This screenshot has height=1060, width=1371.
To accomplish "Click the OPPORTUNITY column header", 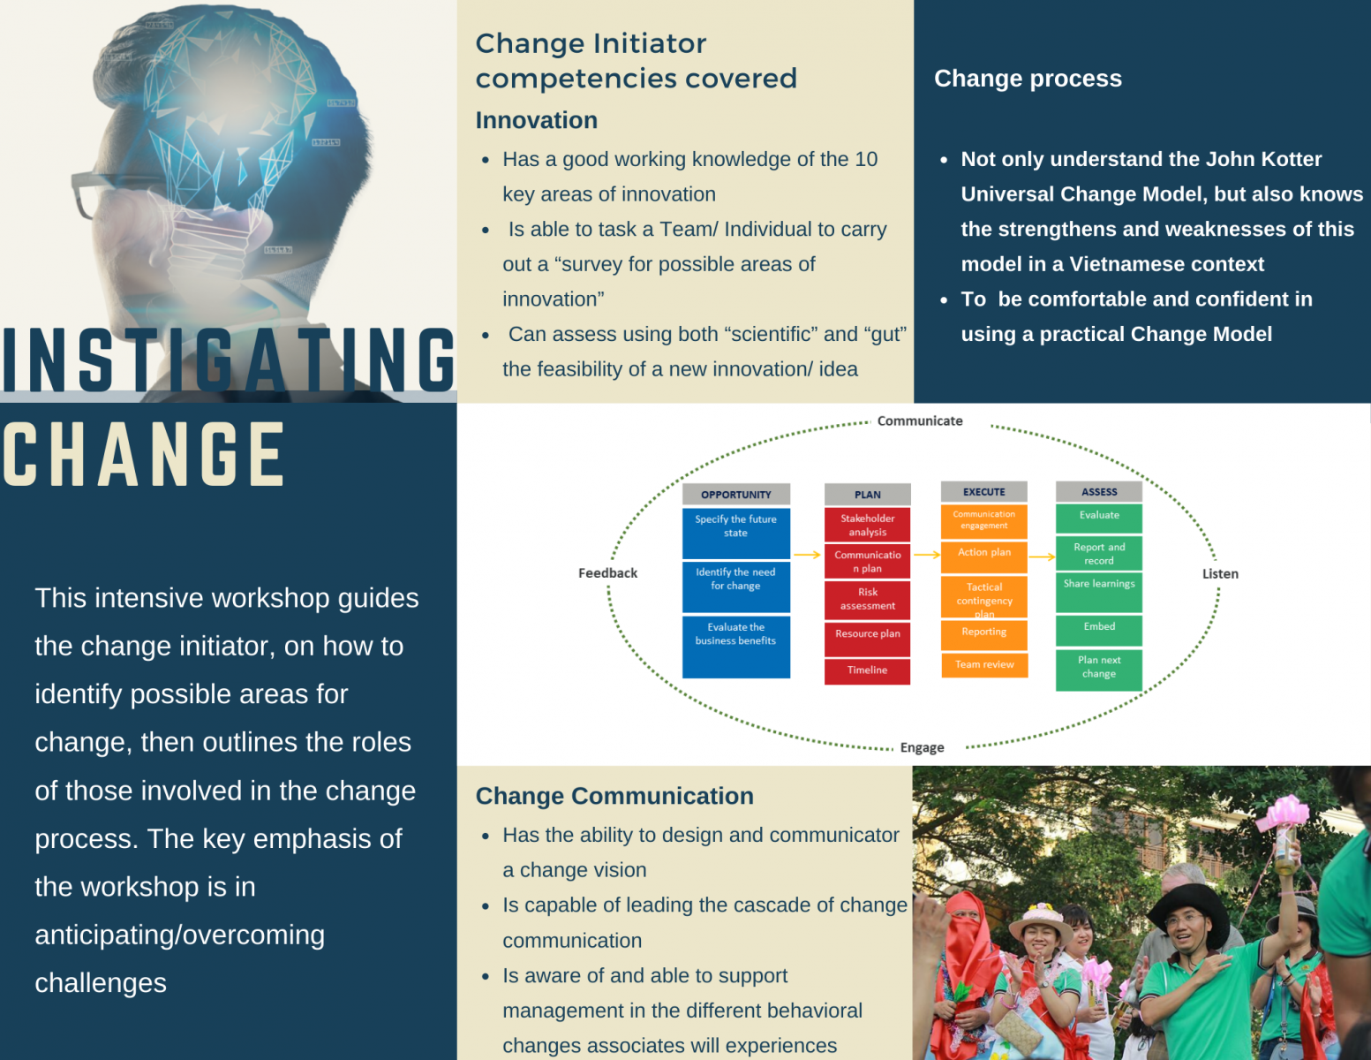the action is [735, 495].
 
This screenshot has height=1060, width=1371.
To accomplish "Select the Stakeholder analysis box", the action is [867, 525].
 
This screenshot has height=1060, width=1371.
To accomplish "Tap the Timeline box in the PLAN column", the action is [867, 670].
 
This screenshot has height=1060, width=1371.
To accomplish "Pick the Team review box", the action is [984, 665].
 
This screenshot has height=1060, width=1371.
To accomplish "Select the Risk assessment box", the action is [867, 600].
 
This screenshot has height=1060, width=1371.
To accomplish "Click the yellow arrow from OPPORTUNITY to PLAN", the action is [807, 555].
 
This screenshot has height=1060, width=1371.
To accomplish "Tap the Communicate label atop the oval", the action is [919, 421].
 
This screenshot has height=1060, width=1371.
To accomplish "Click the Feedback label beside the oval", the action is [607, 573].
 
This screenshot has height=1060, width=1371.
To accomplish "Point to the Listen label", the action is [1219, 574].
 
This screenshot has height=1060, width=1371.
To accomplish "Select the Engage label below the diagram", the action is [922, 747].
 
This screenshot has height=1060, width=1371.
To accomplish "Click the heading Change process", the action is [1028, 79].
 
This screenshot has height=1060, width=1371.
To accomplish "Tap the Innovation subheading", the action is [536, 120].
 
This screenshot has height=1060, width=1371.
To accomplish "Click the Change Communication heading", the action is [614, 796].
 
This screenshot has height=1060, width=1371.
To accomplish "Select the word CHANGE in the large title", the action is [144, 455].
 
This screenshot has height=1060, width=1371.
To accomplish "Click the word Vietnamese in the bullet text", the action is [1124, 264].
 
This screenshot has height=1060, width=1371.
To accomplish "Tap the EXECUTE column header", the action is [983, 492].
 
